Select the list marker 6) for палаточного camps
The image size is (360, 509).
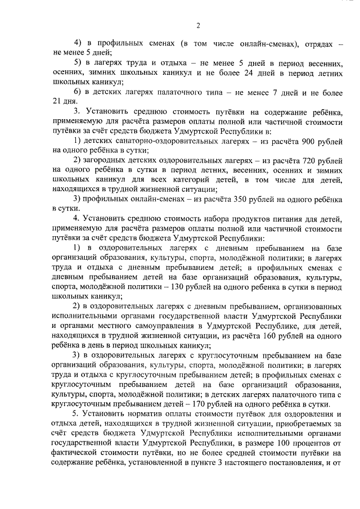[x=78, y=91]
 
